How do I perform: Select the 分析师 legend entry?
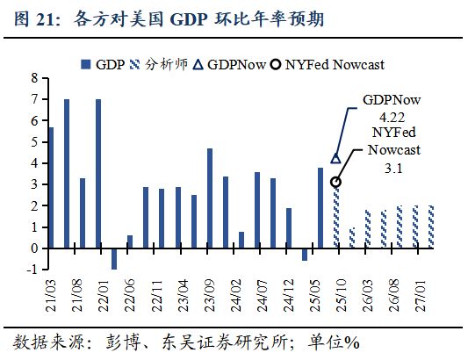point(168,64)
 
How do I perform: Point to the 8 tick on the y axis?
point(34,78)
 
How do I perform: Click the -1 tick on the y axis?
point(32,270)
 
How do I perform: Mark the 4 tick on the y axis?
point(34,163)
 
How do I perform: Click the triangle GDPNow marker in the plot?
point(335,158)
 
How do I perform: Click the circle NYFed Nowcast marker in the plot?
point(335,182)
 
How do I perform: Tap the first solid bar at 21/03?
point(51,188)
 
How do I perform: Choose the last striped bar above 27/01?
point(430,227)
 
